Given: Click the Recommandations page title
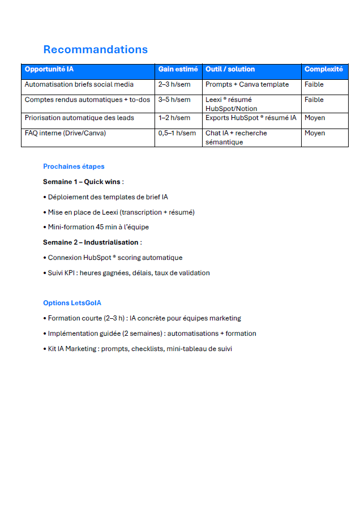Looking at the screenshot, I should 95,49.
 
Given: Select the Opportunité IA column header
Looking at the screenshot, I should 49,70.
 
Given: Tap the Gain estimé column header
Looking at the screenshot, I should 178,70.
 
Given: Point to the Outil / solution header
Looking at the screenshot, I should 230,70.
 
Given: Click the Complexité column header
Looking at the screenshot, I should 323,70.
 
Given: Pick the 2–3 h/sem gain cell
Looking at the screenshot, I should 174,85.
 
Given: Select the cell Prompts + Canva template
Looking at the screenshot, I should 247,85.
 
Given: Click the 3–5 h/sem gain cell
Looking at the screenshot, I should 174,100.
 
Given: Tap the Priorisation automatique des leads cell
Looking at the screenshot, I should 79,118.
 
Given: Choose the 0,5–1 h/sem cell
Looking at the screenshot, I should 177,134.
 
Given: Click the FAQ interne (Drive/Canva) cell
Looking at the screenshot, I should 65,134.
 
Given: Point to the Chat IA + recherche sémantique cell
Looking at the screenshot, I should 236,138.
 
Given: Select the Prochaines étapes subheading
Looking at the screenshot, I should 74,166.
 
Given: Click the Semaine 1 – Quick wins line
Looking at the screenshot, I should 83,182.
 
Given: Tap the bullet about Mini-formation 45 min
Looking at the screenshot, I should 96,227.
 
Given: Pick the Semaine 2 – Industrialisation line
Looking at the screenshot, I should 92,242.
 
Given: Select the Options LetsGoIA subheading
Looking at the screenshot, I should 72,303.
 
